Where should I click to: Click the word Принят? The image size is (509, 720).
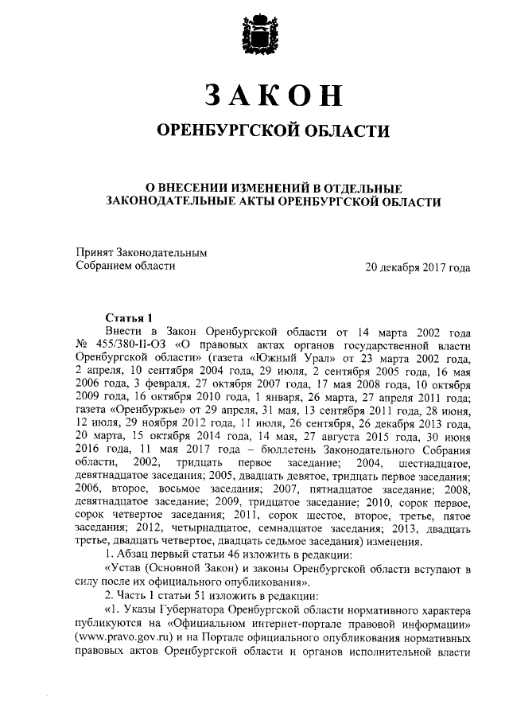point(95,253)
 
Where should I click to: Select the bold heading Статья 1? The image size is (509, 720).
point(128,317)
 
